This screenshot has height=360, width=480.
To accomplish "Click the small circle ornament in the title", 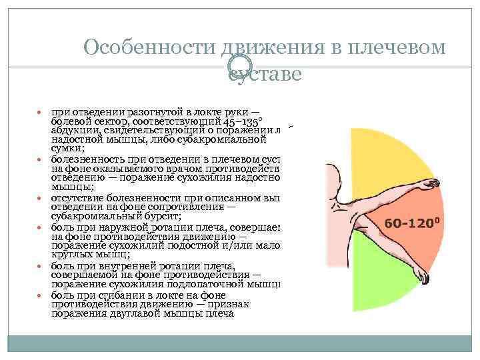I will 236,65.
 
